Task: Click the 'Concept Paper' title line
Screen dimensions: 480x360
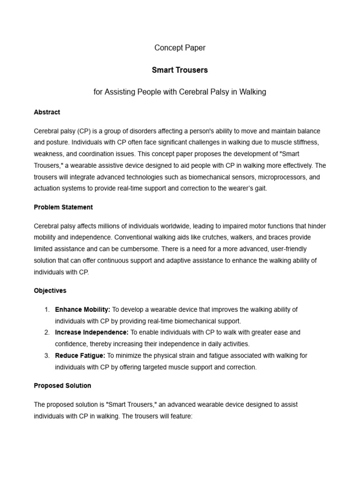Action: [x=180, y=48]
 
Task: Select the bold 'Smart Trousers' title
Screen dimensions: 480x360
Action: [x=180, y=70]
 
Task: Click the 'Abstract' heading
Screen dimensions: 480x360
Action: [x=47, y=112]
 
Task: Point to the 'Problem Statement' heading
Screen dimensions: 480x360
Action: [x=63, y=207]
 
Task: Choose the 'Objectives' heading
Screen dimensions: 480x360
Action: [x=50, y=290]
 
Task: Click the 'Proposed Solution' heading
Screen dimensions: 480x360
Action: [x=62, y=385]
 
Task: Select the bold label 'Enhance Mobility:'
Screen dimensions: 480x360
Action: [x=82, y=309]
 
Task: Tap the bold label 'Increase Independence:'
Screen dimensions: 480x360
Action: [x=91, y=332]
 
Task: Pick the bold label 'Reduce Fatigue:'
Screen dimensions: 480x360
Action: [x=80, y=355]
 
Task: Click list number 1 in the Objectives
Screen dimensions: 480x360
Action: [x=47, y=309]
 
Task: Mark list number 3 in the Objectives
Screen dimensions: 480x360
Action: [x=47, y=355]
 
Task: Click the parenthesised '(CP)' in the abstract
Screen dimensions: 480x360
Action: [x=88, y=131]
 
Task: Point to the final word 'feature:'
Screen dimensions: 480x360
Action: [x=180, y=416]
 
